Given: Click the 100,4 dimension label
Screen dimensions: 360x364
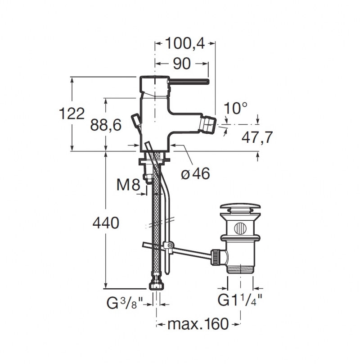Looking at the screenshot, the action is pyautogui.click(x=185, y=43).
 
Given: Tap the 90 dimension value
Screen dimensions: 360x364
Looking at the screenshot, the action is pyautogui.click(x=182, y=64).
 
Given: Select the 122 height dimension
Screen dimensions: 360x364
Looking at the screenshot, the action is pyautogui.click(x=72, y=114).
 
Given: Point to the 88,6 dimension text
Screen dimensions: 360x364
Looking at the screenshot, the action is pyautogui.click(x=106, y=125).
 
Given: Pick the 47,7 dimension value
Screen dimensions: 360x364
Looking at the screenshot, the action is pyautogui.click(x=257, y=138).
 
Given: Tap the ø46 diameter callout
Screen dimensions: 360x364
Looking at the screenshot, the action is pyautogui.click(x=195, y=173).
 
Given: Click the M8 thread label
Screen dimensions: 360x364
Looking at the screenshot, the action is pyautogui.click(x=128, y=185).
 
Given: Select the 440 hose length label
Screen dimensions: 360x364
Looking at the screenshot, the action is pyautogui.click(x=106, y=223).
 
